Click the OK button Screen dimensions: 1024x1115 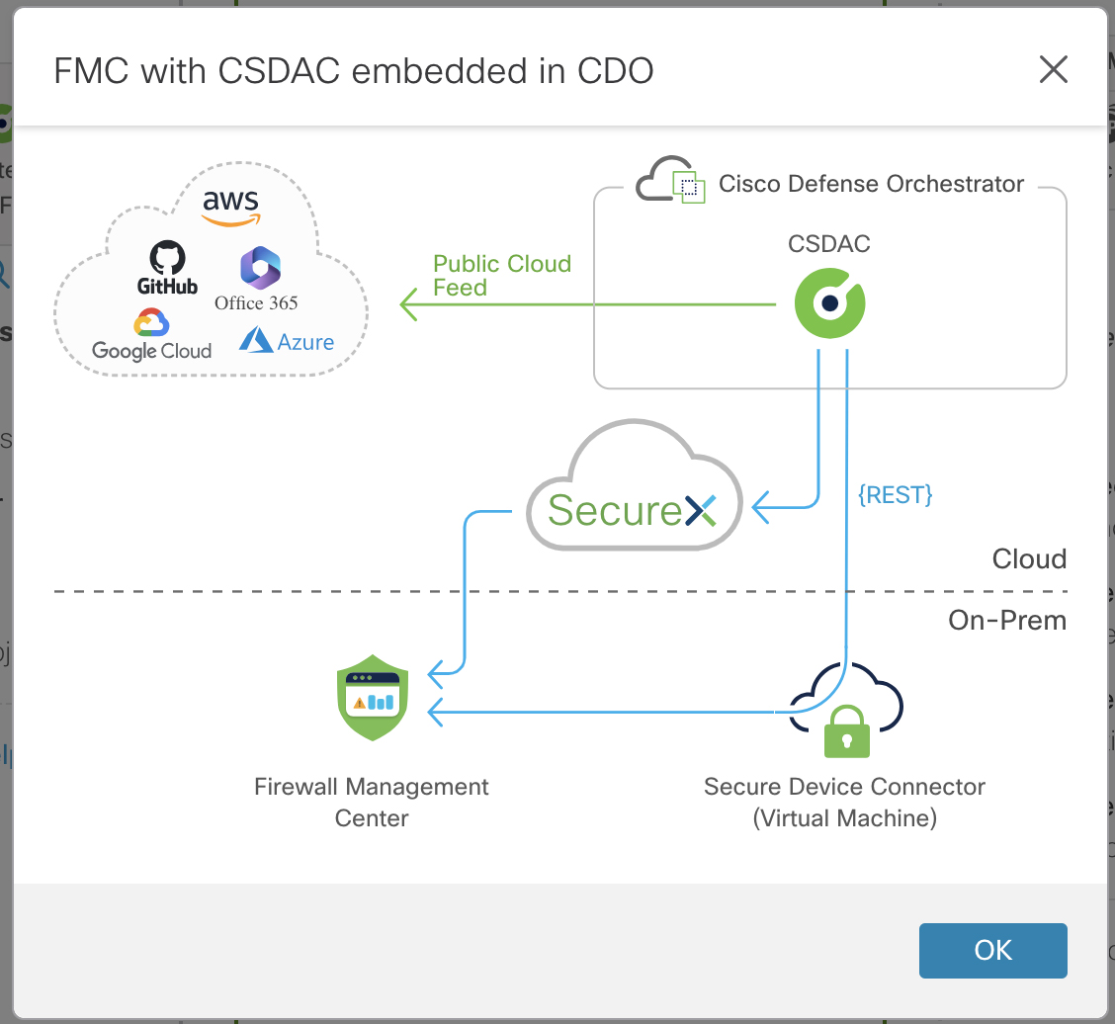pyautogui.click(x=992, y=950)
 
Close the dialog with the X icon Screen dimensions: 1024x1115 pyautogui.click(x=1053, y=70)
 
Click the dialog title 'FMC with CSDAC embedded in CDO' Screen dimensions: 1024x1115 pyautogui.click(x=353, y=71)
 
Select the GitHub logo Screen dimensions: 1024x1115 pyautogui.click(x=167, y=269)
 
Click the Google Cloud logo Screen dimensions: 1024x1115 pyautogui.click(x=151, y=336)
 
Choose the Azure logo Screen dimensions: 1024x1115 pyautogui.click(x=287, y=342)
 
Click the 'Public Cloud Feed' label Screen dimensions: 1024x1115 pyautogui.click(x=502, y=276)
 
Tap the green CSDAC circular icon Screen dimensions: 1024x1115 pyautogui.click(x=830, y=303)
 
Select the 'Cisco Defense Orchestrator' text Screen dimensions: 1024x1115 pyautogui.click(x=871, y=184)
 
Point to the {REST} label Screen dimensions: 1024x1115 pyautogui.click(x=895, y=494)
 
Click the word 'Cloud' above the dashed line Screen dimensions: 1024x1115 pyautogui.click(x=1028, y=559)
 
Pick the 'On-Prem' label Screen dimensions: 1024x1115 pyautogui.click(x=1006, y=621)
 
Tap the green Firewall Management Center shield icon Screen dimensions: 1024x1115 pyautogui.click(x=372, y=697)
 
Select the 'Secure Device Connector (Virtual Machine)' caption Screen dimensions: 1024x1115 pyautogui.click(x=844, y=803)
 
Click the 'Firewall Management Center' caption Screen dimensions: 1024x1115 pyautogui.click(x=372, y=803)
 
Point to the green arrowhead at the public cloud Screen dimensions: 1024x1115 pyautogui.click(x=408, y=304)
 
